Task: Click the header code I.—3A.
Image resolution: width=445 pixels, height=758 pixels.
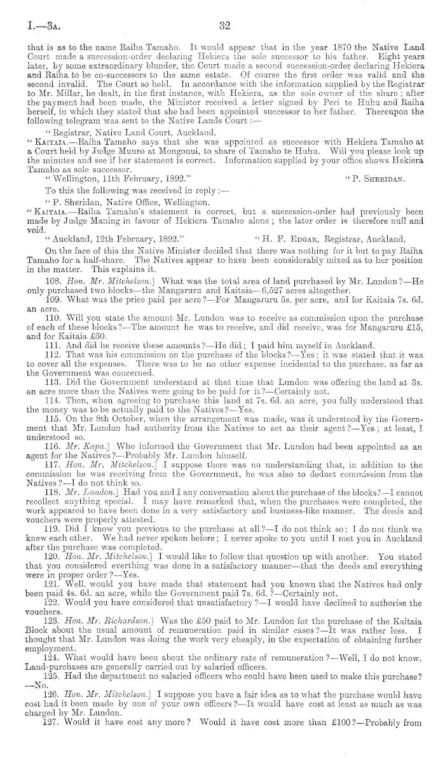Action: click(x=35, y=27)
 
